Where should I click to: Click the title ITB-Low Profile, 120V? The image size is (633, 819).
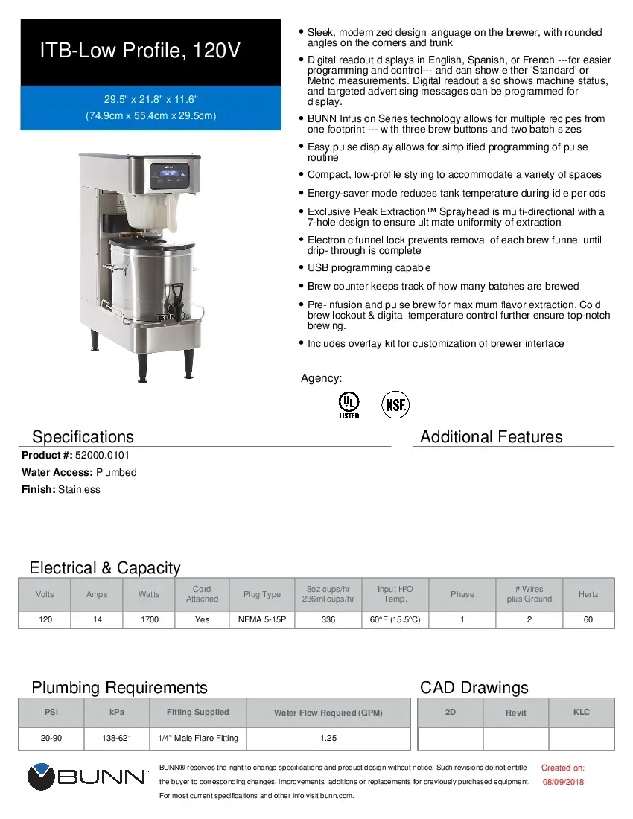point(140,51)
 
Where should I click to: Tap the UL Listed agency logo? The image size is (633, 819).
point(348,405)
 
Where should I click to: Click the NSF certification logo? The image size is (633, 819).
point(395,405)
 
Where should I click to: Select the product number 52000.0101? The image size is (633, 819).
point(96,455)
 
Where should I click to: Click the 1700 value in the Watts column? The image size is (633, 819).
point(150,619)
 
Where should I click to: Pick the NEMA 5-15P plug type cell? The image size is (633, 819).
point(261,619)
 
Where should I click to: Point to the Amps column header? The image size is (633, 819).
point(97,594)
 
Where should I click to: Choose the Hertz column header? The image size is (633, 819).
point(588,594)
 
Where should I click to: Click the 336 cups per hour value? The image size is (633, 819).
point(328,619)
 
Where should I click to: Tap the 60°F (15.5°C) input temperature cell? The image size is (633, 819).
point(395,619)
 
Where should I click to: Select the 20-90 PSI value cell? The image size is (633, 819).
point(51,738)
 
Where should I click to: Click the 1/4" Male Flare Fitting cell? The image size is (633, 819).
point(197,738)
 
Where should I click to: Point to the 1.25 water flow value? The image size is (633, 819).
point(328,738)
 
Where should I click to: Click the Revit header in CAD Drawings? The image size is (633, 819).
point(515,713)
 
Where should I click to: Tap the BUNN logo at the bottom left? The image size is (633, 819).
point(87,777)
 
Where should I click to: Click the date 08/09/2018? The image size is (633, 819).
point(562,782)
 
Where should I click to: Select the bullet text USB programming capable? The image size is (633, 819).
point(369,268)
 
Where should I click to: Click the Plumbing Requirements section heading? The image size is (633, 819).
point(119,687)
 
